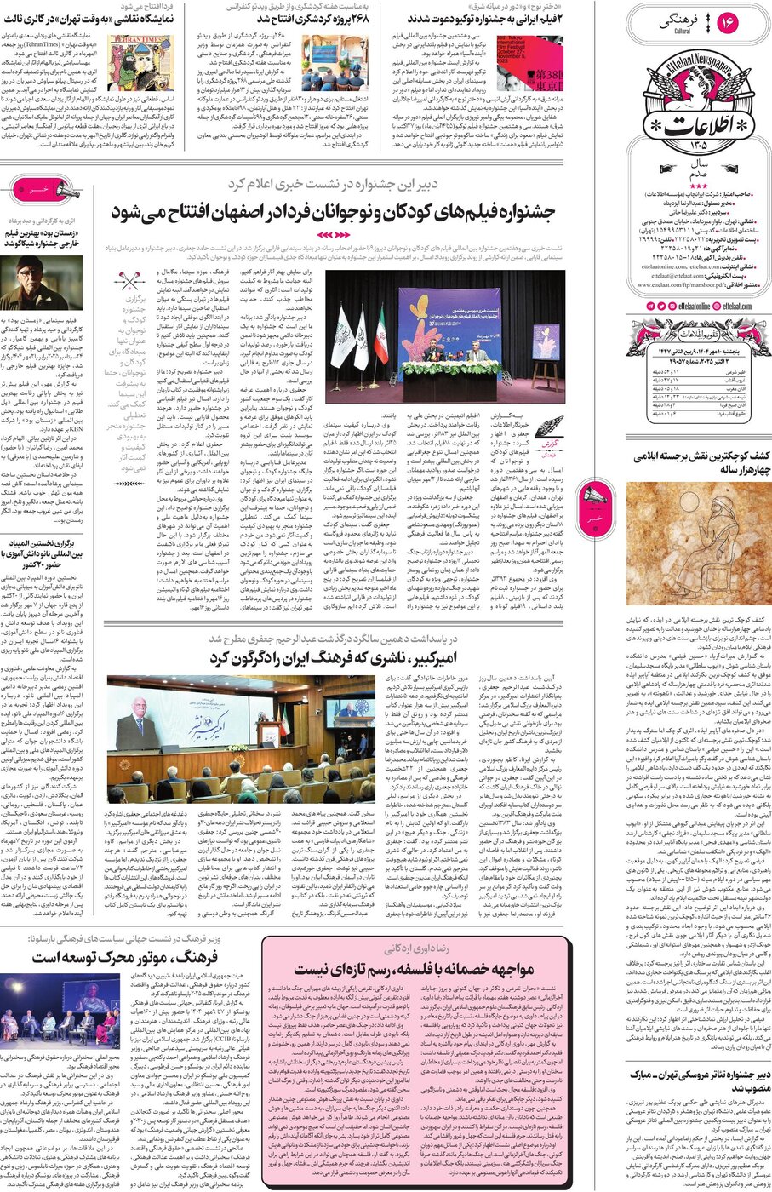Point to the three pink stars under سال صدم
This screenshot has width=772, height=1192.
698,185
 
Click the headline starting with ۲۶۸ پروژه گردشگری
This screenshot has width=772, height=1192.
304,18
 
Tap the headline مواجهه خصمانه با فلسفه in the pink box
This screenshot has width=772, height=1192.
415,969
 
